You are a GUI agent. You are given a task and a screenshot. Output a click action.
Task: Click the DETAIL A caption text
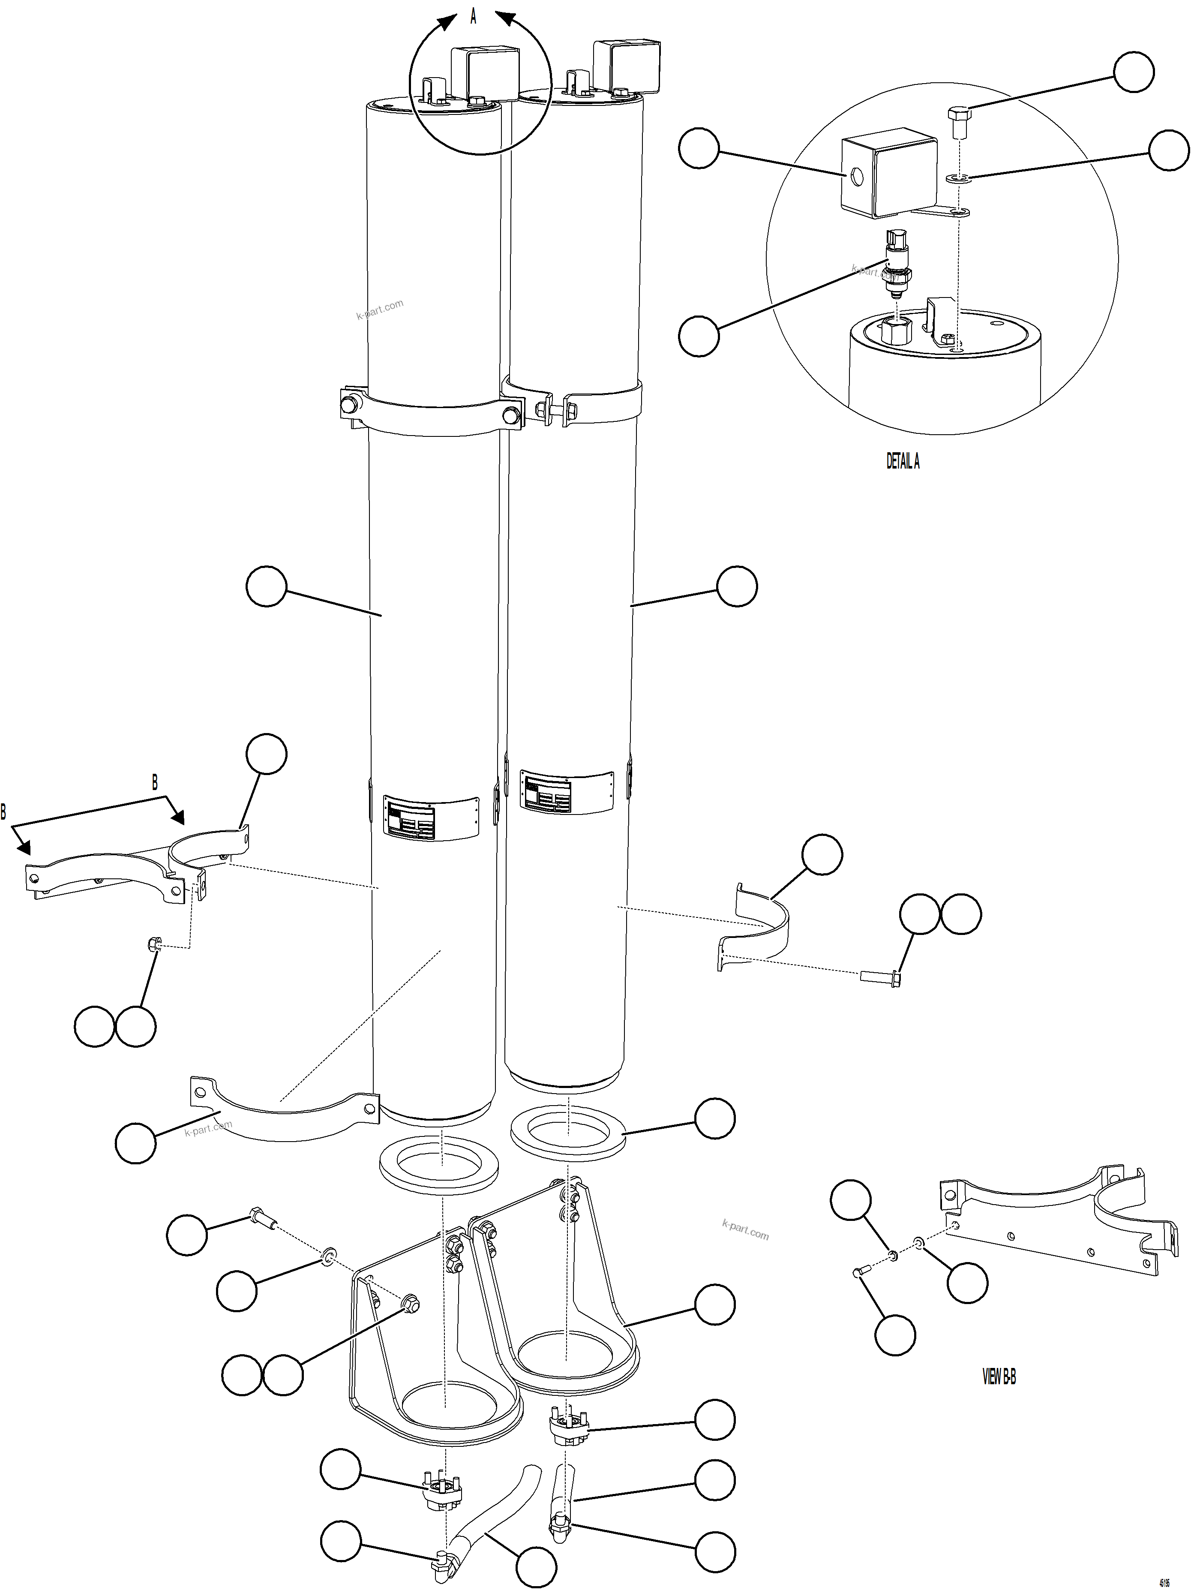pos(902,461)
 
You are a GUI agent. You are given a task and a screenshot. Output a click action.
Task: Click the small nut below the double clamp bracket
pos(153,944)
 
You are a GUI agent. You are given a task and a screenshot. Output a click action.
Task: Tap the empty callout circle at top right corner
pos(1134,72)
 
